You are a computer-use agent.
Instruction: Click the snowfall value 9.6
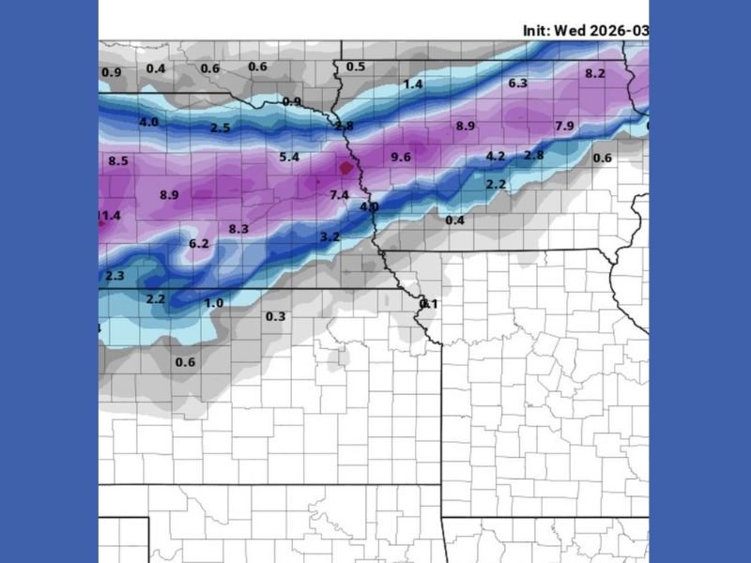pyautogui.click(x=401, y=157)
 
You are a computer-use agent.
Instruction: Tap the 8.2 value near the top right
pyautogui.click(x=595, y=73)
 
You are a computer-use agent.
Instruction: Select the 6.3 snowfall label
pyautogui.click(x=518, y=84)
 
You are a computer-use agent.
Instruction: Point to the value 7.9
pyautogui.click(x=564, y=126)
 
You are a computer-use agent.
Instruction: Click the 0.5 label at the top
pyautogui.click(x=356, y=67)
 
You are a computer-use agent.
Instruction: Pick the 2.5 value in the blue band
pyautogui.click(x=221, y=128)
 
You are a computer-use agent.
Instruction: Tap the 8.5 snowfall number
pyautogui.click(x=118, y=161)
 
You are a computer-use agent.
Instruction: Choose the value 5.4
pyautogui.click(x=289, y=157)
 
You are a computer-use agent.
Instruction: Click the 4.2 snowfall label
pyautogui.click(x=496, y=156)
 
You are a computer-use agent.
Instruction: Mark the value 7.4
pyautogui.click(x=339, y=194)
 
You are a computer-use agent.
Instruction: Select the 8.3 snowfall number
pyautogui.click(x=238, y=229)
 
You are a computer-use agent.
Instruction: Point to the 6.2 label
pyautogui.click(x=199, y=244)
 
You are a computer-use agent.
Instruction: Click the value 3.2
pyautogui.click(x=330, y=237)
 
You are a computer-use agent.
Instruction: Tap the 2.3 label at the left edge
pyautogui.click(x=115, y=276)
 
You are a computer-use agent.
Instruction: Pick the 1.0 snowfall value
pyautogui.click(x=214, y=303)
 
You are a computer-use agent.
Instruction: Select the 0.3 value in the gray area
pyautogui.click(x=275, y=317)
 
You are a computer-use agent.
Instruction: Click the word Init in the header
pyautogui.click(x=536, y=30)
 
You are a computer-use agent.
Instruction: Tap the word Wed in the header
pyautogui.click(x=571, y=30)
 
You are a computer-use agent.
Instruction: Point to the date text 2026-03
pyautogui.click(x=620, y=30)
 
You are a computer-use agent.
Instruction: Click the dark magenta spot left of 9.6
pyautogui.click(x=346, y=167)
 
